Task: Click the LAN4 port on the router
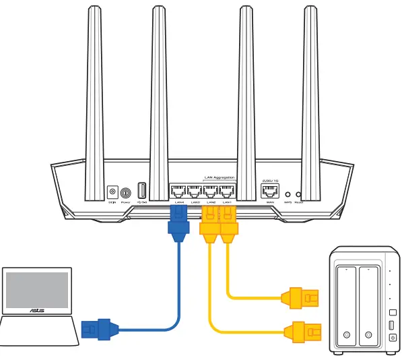click(x=178, y=191)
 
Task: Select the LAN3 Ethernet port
click(x=195, y=191)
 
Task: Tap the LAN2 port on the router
click(x=211, y=191)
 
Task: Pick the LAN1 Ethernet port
click(x=228, y=191)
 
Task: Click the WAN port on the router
click(x=270, y=191)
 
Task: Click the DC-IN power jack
click(x=112, y=193)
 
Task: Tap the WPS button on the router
click(x=288, y=193)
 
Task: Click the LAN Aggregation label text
click(x=220, y=177)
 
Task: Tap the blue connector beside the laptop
click(x=94, y=329)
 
